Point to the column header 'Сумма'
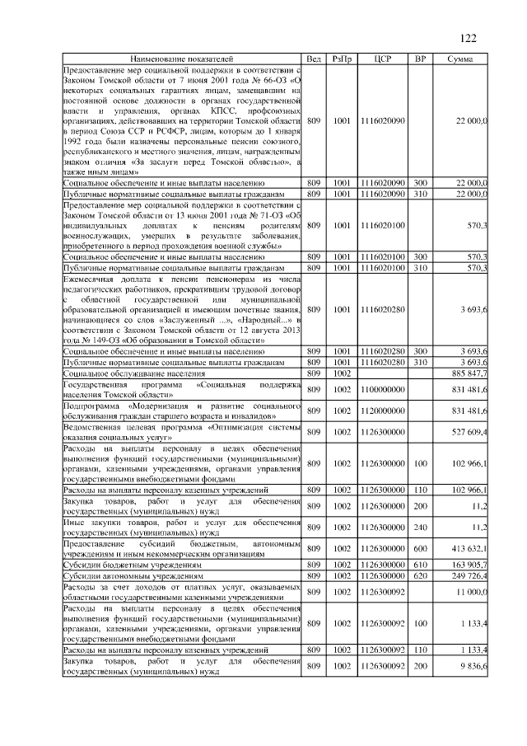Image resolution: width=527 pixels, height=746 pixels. (459, 59)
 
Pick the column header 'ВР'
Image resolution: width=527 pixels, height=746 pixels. (420, 59)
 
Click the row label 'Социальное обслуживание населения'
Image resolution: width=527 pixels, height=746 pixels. (119, 374)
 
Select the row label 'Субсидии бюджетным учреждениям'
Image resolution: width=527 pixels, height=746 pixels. (117, 565)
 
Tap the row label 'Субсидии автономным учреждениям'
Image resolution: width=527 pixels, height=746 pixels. (119, 575)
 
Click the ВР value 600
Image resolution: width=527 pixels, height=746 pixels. (420, 547)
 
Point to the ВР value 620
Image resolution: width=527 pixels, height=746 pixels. (420, 575)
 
